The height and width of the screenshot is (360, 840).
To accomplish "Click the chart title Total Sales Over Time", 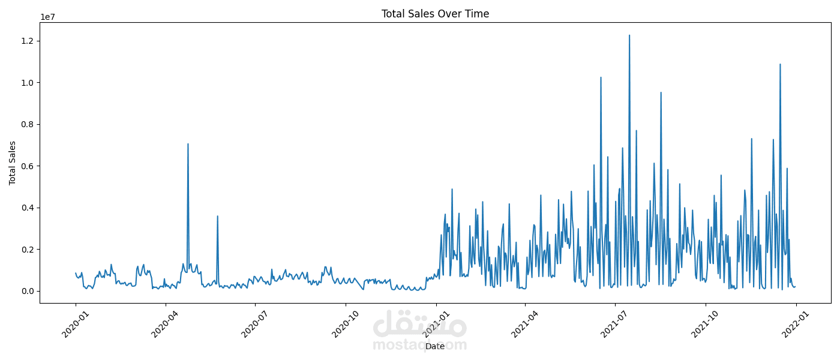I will click(x=435, y=14).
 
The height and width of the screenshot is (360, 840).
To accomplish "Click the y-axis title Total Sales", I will click(x=13, y=163).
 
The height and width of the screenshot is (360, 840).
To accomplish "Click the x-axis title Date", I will click(x=435, y=346).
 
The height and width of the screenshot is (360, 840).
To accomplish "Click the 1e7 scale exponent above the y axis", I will click(x=48, y=17).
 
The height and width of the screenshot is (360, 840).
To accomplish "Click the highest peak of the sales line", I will click(x=629, y=35).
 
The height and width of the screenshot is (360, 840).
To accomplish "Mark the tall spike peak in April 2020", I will click(x=188, y=144).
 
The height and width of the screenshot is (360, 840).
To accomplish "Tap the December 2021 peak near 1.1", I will click(x=780, y=64).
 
